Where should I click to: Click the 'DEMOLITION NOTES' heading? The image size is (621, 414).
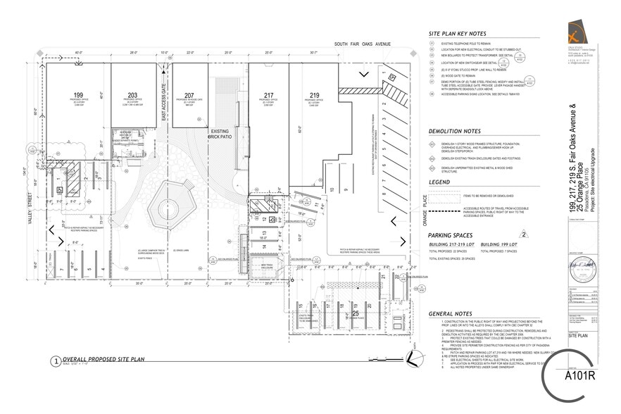click(454, 131)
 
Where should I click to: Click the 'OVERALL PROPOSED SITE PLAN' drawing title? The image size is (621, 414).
click(103, 359)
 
